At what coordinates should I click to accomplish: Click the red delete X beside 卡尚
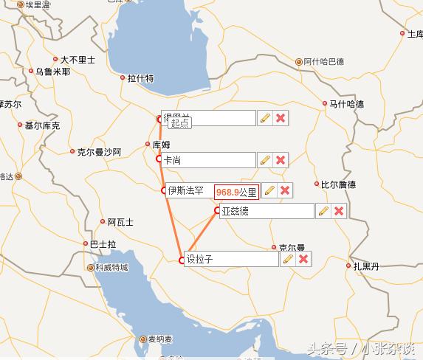(x=281, y=159)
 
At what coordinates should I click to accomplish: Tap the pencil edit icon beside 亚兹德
(x=323, y=211)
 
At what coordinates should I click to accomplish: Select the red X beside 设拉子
(x=303, y=259)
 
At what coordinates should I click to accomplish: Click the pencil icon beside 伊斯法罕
(x=269, y=191)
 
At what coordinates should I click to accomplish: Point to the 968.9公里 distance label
(x=236, y=192)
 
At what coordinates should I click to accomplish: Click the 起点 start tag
(x=179, y=124)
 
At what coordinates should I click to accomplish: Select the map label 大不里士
(x=78, y=60)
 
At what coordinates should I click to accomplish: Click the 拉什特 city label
(x=140, y=78)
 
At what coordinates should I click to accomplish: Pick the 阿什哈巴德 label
(x=324, y=62)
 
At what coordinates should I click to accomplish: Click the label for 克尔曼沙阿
(x=99, y=152)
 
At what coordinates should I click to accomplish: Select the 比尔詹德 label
(x=340, y=184)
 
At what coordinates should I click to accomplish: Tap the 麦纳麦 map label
(x=159, y=339)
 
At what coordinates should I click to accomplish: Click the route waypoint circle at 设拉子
(x=182, y=260)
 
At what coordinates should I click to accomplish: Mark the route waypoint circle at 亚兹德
(x=218, y=211)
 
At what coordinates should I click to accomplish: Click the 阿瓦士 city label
(x=120, y=221)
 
